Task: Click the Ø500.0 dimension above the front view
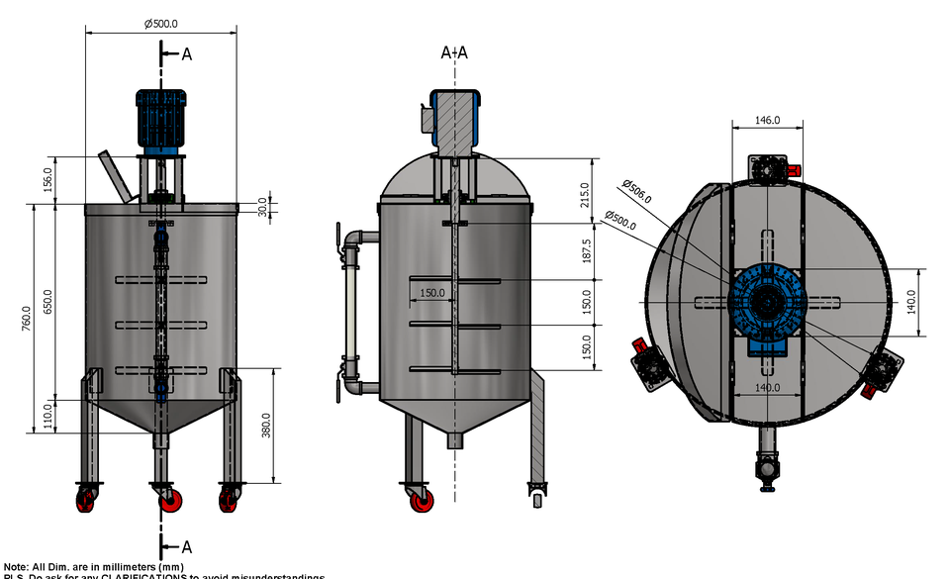tap(161, 24)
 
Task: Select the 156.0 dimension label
tap(47, 180)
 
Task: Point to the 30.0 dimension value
tap(262, 209)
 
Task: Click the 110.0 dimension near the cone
tap(47, 416)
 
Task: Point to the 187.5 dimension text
tap(587, 250)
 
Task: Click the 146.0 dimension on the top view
tap(767, 120)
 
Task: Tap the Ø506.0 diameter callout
tap(638, 191)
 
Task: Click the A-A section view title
tap(454, 53)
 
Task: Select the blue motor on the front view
tap(160, 120)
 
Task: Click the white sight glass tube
tap(348, 312)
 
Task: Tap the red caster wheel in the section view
tap(422, 501)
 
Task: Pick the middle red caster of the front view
tap(167, 501)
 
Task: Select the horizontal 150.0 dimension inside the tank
tap(432, 293)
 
